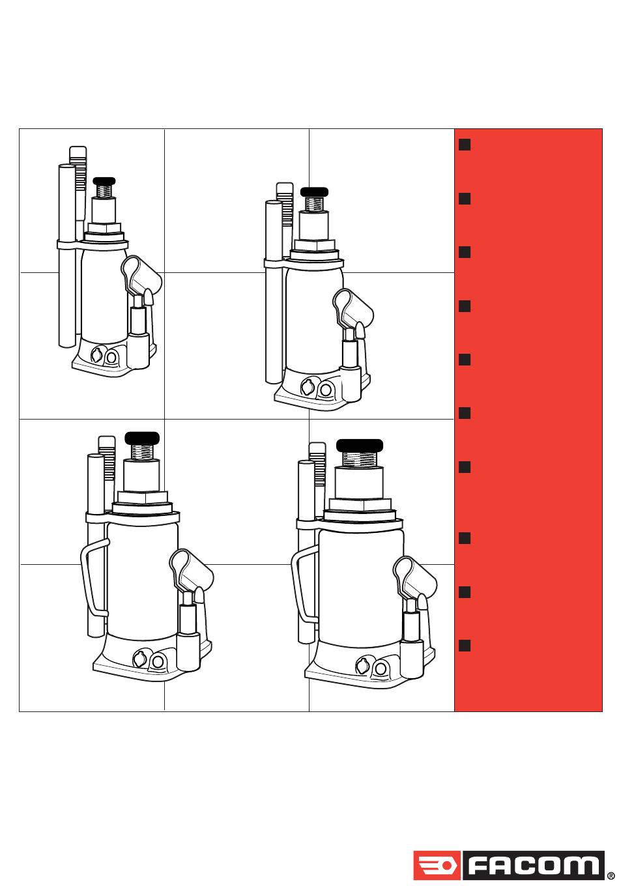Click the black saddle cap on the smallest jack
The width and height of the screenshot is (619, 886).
(104, 181)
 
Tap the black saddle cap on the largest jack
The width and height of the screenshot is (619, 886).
(359, 446)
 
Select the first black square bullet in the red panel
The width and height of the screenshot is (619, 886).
(465, 145)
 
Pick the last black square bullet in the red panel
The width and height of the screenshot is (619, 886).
(465, 646)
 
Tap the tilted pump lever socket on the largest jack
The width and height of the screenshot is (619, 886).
(415, 577)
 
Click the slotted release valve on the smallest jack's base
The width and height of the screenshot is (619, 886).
(96, 355)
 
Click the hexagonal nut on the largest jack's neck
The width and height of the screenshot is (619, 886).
(360, 504)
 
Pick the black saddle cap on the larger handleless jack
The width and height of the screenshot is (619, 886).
(314, 192)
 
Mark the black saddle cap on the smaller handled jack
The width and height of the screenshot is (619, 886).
(142, 438)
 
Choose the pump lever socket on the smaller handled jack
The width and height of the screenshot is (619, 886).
(192, 569)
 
